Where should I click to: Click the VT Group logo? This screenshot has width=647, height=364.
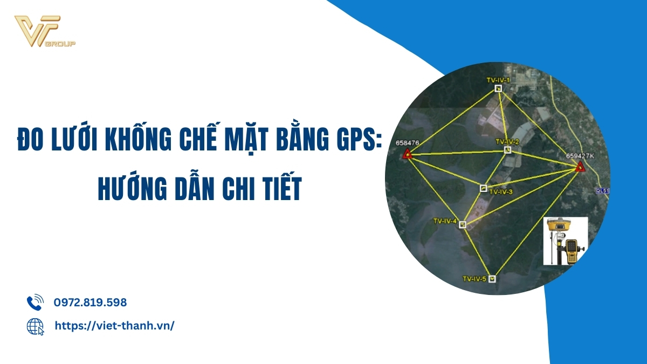pos(45,31)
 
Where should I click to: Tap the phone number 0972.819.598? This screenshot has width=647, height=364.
pos(90,303)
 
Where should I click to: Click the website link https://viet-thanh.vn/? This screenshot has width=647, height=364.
pos(114,326)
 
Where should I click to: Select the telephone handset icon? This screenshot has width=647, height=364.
pos(35,303)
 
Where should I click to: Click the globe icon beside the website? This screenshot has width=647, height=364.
pos(35,327)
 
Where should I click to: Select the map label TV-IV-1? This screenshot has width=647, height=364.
pos(498,80)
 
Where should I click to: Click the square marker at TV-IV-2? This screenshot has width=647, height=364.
pos(507,150)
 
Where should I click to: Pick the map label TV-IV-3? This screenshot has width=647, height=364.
pos(501,192)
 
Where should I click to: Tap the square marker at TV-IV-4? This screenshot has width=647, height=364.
pos(463,224)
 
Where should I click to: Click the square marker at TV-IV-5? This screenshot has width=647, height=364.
pos(492,279)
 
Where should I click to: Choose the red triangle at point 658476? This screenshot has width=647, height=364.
pos(407,154)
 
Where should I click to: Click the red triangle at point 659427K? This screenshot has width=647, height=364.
pos(580,167)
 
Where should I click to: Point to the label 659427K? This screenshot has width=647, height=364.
pos(580,156)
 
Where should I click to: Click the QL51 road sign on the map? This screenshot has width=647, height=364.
pos(603,191)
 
